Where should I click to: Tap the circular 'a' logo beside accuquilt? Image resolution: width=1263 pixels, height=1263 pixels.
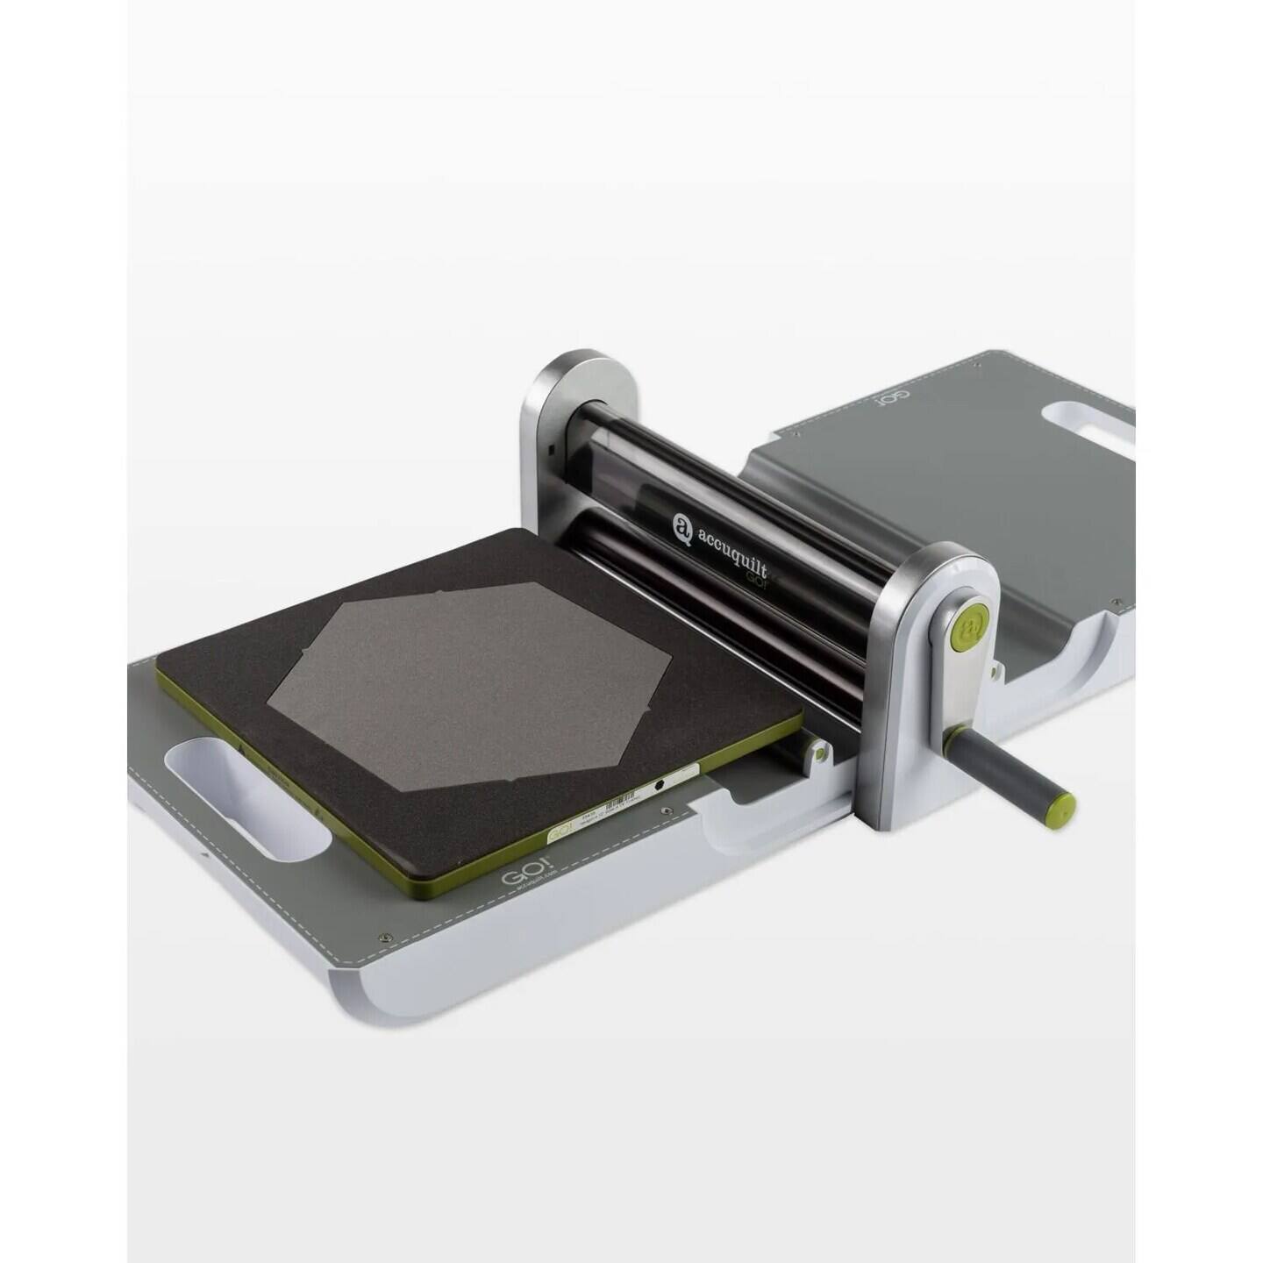[x=683, y=526]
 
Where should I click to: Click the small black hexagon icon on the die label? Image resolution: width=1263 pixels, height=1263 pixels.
[x=658, y=786]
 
